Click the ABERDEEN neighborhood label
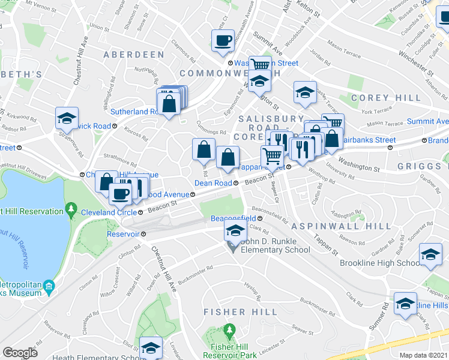point(133,55)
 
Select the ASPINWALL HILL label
point(325,226)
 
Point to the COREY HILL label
point(378,97)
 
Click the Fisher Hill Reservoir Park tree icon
point(229,331)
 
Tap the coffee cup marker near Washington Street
point(223,41)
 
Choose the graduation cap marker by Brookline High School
point(430,254)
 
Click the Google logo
point(20,353)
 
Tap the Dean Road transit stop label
point(213,183)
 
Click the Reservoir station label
point(123,233)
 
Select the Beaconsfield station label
point(233,218)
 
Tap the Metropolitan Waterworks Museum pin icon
point(48,287)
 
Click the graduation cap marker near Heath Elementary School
point(150,347)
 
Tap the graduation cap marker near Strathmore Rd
point(67,118)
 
